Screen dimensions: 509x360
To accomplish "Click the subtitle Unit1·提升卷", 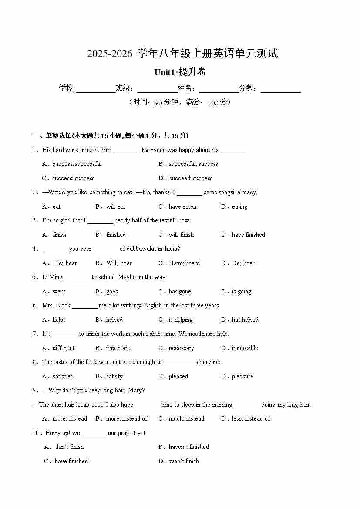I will pyautogui.click(x=180, y=72).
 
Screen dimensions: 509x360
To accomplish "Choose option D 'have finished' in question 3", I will pyautogui.click(x=248, y=235).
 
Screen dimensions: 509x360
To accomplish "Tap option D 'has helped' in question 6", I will pyautogui.click(x=245, y=320).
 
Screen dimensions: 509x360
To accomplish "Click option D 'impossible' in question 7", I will pyautogui.click(x=245, y=348).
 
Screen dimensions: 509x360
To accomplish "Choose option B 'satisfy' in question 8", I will pyautogui.click(x=114, y=376).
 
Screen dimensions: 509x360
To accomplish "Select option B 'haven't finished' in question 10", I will pyautogui.click(x=188, y=447).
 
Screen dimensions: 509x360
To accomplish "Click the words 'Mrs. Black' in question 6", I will pyautogui.click(x=57, y=306).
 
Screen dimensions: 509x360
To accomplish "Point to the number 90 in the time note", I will pyautogui.click(x=158, y=103).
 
